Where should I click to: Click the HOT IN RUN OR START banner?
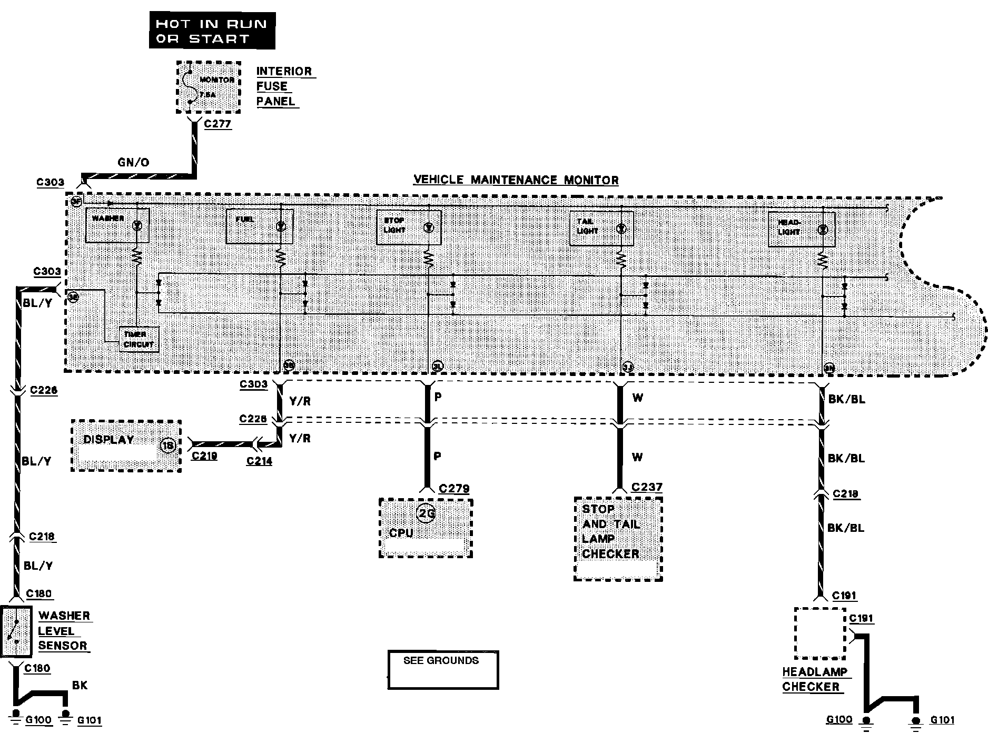(x=212, y=31)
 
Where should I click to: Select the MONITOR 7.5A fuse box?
(x=208, y=87)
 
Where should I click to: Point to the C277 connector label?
(x=218, y=124)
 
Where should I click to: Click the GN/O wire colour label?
(x=133, y=162)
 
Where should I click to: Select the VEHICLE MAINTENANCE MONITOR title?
(x=516, y=180)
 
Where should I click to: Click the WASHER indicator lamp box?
(x=117, y=225)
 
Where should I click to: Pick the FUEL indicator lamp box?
(x=259, y=226)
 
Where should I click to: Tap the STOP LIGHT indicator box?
(x=409, y=227)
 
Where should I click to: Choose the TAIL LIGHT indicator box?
(x=601, y=228)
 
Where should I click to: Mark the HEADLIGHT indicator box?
(x=801, y=229)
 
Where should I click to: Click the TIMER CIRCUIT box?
(x=139, y=340)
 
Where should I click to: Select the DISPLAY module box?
(x=126, y=445)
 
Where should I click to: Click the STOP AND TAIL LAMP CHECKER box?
(x=618, y=539)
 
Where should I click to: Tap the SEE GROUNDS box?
(x=442, y=670)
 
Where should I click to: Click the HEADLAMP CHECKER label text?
(x=814, y=679)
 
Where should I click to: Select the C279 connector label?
(x=454, y=489)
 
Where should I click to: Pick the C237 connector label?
(x=647, y=487)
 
